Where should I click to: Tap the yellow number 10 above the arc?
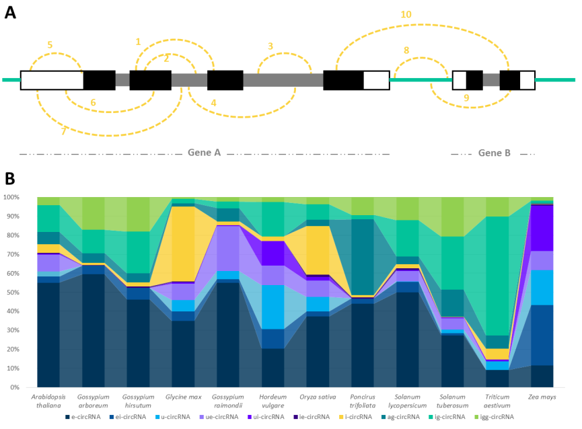pyautogui.click(x=406, y=14)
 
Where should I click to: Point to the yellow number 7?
pyautogui.click(x=63, y=131)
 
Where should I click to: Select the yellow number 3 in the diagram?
pyautogui.click(x=270, y=46)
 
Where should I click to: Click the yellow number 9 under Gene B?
pyautogui.click(x=466, y=97)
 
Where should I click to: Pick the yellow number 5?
pyautogui.click(x=50, y=44)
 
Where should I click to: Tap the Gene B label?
pyautogui.click(x=494, y=153)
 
